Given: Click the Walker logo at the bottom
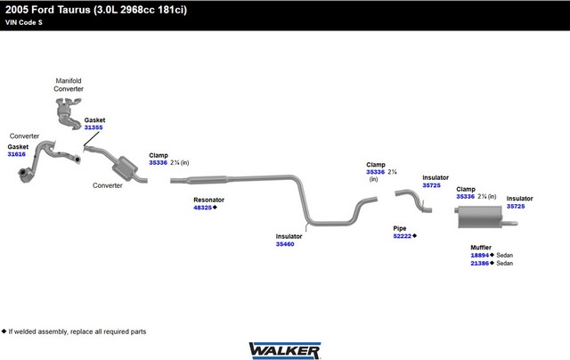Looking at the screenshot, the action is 285,350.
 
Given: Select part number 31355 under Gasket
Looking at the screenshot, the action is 94,127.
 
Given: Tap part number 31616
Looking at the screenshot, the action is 17,154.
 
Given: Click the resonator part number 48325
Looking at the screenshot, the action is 202,208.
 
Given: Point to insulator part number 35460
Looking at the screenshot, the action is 285,244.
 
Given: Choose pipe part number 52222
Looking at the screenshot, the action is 402,236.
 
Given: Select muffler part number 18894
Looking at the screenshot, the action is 479,255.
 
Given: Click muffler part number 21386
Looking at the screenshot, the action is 479,263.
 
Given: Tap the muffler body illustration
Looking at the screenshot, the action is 480,217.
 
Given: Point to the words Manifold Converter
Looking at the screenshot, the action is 69,85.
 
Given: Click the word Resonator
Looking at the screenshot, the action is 208,200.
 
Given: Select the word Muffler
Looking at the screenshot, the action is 481,247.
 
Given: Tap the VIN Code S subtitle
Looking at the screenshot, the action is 24,22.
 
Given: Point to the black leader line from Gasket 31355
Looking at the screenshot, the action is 91,139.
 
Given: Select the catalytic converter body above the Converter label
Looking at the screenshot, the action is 125,168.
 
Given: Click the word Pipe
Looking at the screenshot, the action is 400,228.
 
